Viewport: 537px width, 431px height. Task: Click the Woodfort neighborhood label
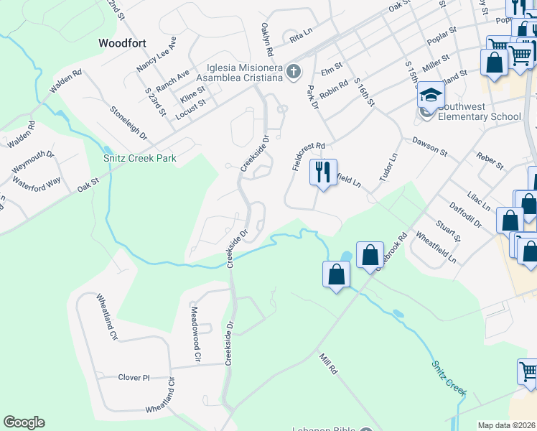pyautogui.click(x=122, y=43)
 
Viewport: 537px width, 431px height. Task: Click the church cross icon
pyautogui.click(x=292, y=71)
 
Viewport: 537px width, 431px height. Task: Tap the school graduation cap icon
pyautogui.click(x=431, y=96)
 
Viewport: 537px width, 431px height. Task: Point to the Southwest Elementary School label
pyautogui.click(x=479, y=111)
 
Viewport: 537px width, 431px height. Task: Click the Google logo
pyautogui.click(x=24, y=422)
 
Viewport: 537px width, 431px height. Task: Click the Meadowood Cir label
pyautogui.click(x=195, y=333)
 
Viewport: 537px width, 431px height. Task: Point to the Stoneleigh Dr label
pyautogui.click(x=129, y=123)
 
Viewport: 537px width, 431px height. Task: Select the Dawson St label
pyautogui.click(x=429, y=147)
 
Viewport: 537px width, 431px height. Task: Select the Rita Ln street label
pyautogui.click(x=302, y=32)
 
